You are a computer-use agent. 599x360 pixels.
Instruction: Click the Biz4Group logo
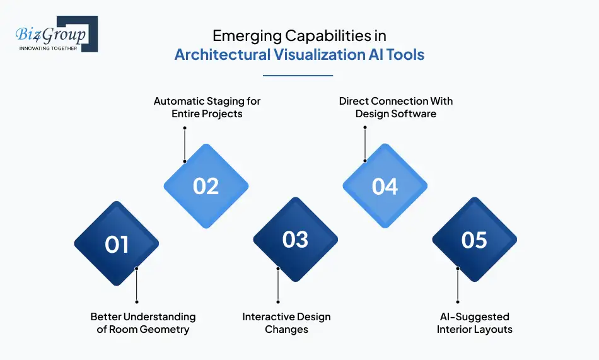[x=55, y=35]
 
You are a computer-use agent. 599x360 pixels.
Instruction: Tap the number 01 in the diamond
[x=117, y=244]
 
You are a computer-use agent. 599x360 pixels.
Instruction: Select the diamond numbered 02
[x=206, y=186]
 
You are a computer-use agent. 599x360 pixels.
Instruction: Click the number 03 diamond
[x=295, y=240]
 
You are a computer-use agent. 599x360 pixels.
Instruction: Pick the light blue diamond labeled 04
[x=385, y=186]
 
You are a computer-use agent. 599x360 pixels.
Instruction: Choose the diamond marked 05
[x=474, y=240]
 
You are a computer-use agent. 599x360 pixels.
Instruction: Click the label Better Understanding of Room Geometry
[x=142, y=323]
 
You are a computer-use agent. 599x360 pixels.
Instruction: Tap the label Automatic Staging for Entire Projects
[x=207, y=107]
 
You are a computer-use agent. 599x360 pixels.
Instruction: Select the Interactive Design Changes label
[x=286, y=323]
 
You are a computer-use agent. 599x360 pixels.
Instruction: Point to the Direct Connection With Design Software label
[x=395, y=107]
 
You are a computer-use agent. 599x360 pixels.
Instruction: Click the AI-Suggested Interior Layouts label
[x=474, y=323]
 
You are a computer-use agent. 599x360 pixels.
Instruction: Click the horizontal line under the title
[x=297, y=76]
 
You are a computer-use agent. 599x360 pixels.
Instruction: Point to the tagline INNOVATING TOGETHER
[x=48, y=48]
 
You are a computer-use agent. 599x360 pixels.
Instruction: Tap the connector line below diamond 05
[x=458, y=285]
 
